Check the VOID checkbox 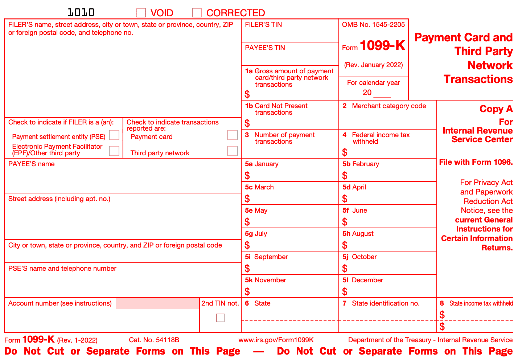tap(141, 13)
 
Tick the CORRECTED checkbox tap(197, 13)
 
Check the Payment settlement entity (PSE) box tap(114, 135)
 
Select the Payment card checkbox tap(233, 135)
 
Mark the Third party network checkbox tap(233, 151)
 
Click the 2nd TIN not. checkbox tap(220, 318)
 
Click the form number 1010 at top tap(81, 12)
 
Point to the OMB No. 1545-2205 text tap(373, 25)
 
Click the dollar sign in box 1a tap(247, 94)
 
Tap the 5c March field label tap(259, 187)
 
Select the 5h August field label tap(358, 234)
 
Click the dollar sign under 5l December tap(345, 291)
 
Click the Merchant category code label tap(388, 106)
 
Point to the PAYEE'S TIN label tap(265, 48)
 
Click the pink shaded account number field tap(157, 303)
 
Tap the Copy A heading tap(496, 109)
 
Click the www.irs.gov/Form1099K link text tap(276, 340)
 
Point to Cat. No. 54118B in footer tap(154, 340)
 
